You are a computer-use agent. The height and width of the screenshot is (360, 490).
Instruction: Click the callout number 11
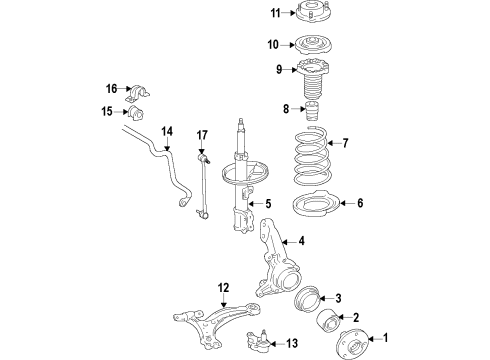pyautogui.click(x=275, y=13)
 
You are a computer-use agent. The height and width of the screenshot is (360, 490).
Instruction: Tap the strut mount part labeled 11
pyautogui.click(x=310, y=11)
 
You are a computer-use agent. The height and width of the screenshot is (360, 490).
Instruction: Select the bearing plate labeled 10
pyautogui.click(x=312, y=44)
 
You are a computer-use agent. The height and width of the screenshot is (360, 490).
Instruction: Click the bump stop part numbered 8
pyautogui.click(x=311, y=112)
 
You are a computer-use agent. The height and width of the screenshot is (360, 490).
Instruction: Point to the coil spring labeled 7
pyautogui.click(x=313, y=156)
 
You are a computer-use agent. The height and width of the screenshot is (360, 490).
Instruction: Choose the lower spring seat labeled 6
pyautogui.click(x=316, y=203)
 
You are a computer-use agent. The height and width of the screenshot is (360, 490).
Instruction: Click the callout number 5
pyautogui.click(x=268, y=204)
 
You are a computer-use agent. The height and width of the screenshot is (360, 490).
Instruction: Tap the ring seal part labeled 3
pyautogui.click(x=307, y=299)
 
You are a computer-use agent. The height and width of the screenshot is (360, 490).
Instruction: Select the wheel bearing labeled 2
pyautogui.click(x=327, y=321)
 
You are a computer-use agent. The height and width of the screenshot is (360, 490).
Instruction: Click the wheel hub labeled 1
pyautogui.click(x=352, y=344)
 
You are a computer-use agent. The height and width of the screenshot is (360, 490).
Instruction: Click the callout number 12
pyautogui.click(x=224, y=288)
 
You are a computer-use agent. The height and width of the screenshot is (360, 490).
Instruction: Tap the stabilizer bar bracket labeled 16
pyautogui.click(x=138, y=93)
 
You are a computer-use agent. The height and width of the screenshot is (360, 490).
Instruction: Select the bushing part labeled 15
pyautogui.click(x=135, y=113)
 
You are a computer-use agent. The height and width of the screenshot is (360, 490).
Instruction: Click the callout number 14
pyautogui.click(x=167, y=131)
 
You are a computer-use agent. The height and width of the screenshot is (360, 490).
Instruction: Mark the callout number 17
pyautogui.click(x=202, y=135)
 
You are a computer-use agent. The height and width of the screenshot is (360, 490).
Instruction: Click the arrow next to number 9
pyautogui.click(x=290, y=70)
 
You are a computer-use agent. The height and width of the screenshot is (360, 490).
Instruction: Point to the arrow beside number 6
pyautogui.click(x=347, y=203)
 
